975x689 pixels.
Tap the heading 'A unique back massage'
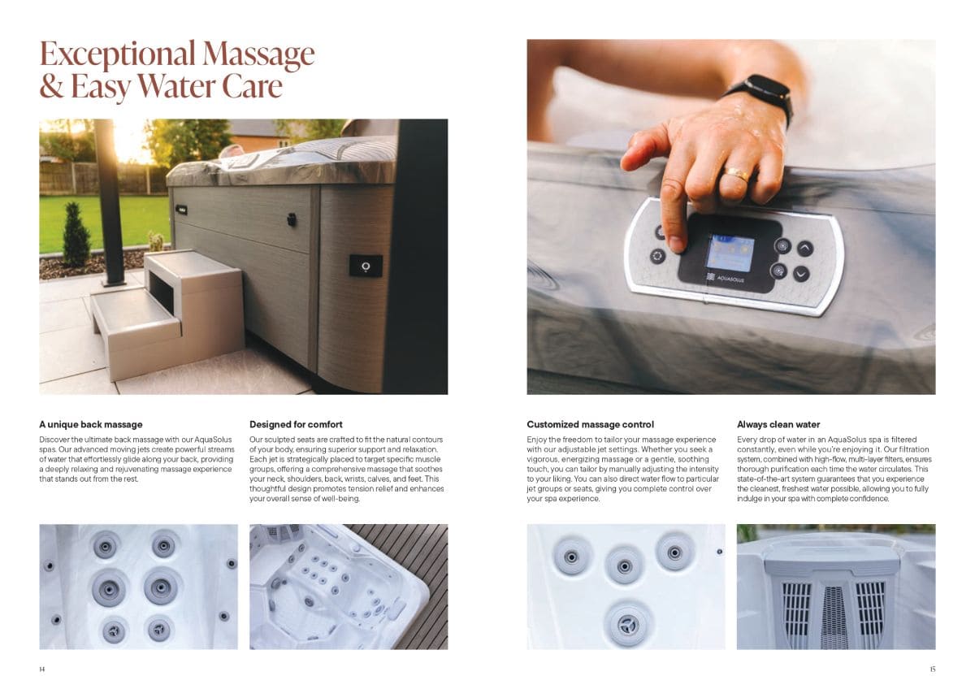click(91, 424)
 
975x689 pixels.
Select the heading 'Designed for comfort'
click(296, 424)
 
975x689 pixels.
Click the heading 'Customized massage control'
click(590, 424)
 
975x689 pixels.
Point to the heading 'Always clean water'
click(778, 424)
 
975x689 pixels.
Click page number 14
click(41, 669)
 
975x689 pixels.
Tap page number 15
click(933, 669)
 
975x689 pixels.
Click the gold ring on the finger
click(736, 174)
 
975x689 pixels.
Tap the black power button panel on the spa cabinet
click(366, 266)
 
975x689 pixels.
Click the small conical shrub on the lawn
click(76, 234)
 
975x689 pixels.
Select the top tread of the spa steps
click(192, 260)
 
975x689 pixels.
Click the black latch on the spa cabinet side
click(291, 219)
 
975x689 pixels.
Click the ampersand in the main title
click(51, 86)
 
